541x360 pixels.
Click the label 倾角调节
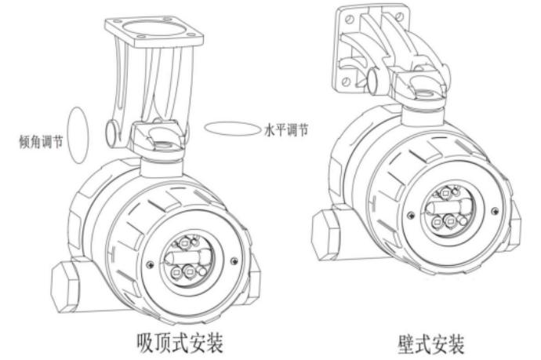[x=41, y=141]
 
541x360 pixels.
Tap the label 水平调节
[x=286, y=129]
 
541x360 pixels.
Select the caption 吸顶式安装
[x=180, y=343]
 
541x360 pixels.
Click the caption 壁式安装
[x=431, y=344]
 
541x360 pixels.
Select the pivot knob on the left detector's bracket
[x=112, y=133]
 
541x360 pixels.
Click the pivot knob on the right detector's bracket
[x=372, y=80]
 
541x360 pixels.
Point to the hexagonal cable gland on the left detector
[x=64, y=287]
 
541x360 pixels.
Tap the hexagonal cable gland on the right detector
[x=325, y=235]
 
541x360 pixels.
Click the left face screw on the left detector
[x=150, y=265]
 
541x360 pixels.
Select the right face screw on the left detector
[x=234, y=261]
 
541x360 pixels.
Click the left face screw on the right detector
[x=411, y=216]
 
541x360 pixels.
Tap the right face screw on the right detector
[x=495, y=210]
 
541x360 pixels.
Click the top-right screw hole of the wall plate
[x=400, y=16]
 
